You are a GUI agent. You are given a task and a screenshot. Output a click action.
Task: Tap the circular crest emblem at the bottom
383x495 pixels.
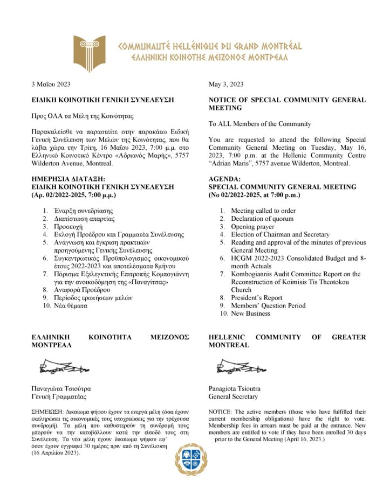191,459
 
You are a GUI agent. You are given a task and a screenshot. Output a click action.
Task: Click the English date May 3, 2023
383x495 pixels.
226,84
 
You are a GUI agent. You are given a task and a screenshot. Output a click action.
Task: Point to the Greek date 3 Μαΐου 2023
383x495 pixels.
51,84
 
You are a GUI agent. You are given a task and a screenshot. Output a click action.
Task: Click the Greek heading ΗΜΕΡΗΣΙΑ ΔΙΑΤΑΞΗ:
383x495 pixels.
66,179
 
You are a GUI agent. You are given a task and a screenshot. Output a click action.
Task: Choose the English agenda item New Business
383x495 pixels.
251,313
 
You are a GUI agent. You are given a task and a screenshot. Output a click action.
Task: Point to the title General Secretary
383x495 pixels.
233,397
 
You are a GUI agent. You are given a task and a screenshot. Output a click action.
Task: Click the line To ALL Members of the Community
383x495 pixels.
260,124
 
